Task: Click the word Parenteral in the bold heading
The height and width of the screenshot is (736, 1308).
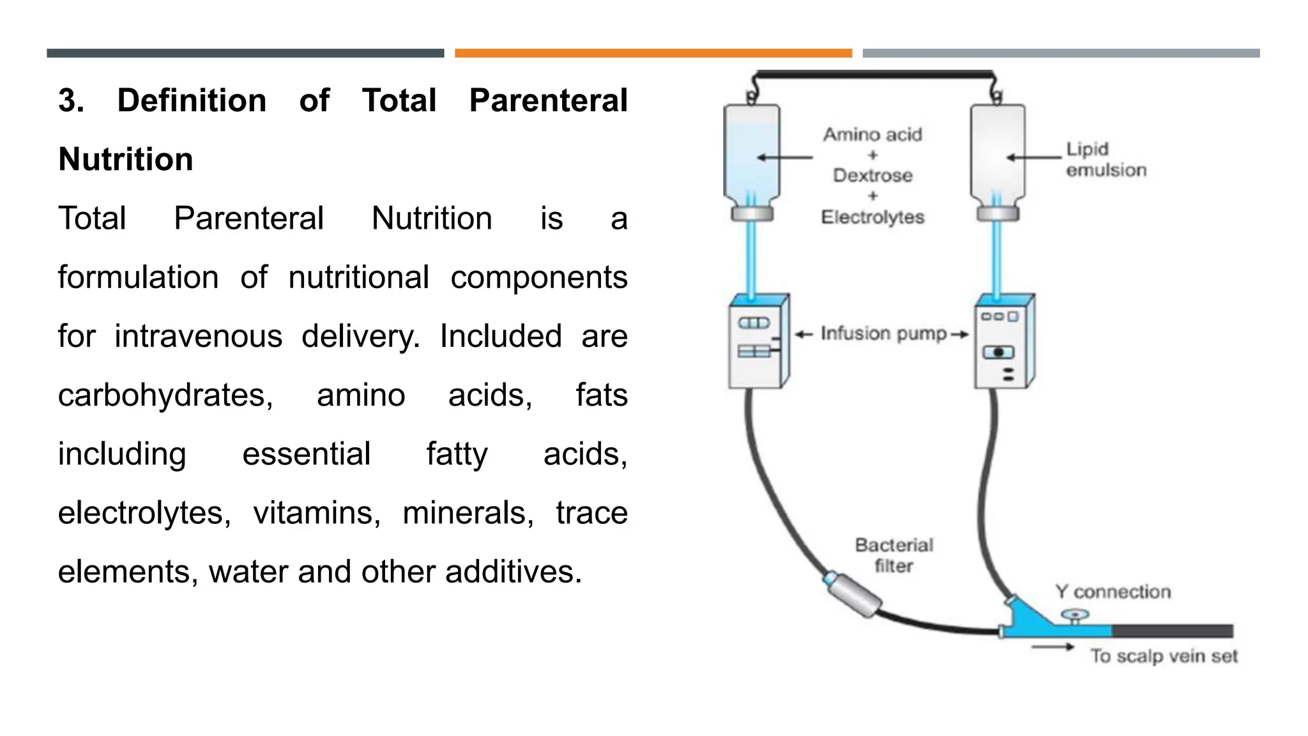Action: (x=548, y=101)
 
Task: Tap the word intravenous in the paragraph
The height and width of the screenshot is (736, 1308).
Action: (x=198, y=336)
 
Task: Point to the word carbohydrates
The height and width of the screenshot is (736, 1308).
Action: (x=165, y=395)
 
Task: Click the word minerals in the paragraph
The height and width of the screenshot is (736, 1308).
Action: (x=468, y=513)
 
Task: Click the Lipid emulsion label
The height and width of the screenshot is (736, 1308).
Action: (x=1106, y=160)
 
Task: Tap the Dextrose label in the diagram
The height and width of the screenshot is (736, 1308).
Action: (x=872, y=175)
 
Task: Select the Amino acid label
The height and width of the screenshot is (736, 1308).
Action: (x=872, y=135)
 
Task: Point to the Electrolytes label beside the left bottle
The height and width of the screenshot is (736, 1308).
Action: (x=872, y=217)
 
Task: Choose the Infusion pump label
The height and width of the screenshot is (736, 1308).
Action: (x=883, y=333)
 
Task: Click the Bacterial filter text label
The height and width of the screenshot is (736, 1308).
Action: (x=894, y=555)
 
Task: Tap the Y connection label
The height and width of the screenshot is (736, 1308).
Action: (x=1113, y=592)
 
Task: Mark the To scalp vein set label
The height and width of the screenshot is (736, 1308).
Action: (x=1164, y=656)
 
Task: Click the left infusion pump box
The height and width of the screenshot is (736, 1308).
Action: (x=758, y=342)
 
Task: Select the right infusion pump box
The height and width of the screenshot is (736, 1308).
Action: (x=1003, y=342)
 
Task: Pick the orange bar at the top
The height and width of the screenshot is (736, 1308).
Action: (x=653, y=53)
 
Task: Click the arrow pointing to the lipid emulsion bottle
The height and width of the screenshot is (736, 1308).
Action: (x=1033, y=157)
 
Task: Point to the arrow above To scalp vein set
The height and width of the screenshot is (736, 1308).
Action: (x=1053, y=647)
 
